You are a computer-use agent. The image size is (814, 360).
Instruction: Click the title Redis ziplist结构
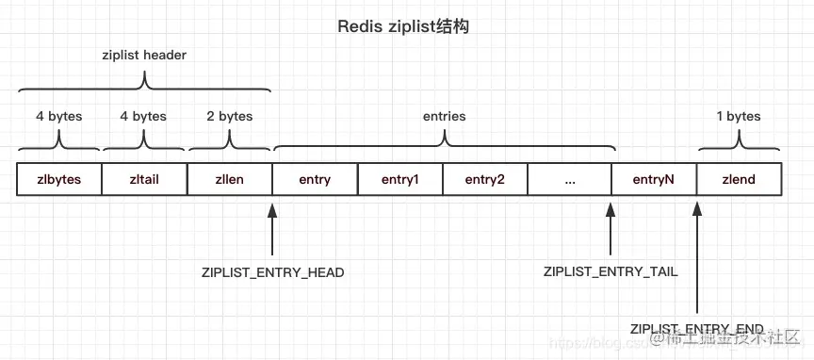point(403,26)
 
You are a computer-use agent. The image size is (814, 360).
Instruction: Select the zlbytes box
point(59,180)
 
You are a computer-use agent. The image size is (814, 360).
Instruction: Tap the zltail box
point(144,180)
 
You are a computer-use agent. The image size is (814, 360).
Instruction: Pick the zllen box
point(230,180)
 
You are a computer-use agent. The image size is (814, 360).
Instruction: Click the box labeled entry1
point(399,180)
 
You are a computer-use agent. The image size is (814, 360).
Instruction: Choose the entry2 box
point(484,180)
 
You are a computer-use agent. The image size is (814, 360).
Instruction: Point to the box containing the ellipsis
point(569,180)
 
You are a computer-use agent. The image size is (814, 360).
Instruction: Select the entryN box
point(654,180)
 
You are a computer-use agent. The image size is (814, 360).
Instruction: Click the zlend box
point(739,180)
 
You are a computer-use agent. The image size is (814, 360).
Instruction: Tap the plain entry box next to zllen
point(315,180)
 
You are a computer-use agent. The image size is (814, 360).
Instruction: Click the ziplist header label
point(144,56)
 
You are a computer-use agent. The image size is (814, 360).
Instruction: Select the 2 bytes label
point(230,117)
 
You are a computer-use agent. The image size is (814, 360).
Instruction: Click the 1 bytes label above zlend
point(738,117)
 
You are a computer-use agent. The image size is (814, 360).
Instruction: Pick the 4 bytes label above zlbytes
point(59,117)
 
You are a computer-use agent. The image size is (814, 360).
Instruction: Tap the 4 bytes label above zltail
point(144,117)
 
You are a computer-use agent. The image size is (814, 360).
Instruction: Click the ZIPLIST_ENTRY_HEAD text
point(273,272)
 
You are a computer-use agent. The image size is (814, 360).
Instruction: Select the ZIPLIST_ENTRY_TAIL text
point(610,271)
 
